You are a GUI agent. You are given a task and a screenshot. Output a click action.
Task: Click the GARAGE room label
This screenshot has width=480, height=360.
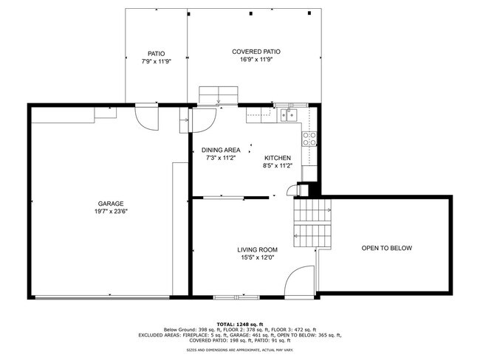click(111, 203)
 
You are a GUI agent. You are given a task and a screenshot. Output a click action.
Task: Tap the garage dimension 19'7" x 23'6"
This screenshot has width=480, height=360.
click(111, 211)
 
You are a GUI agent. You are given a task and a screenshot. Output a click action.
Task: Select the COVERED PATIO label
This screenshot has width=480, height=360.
click(256, 52)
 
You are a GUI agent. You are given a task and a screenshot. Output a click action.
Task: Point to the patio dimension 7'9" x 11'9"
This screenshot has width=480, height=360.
click(156, 61)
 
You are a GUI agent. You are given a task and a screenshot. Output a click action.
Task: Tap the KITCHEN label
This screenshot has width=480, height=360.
click(277, 158)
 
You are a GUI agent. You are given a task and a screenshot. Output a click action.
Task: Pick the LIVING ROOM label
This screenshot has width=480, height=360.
click(257, 250)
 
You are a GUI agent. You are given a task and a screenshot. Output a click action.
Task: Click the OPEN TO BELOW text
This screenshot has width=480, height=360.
click(386, 248)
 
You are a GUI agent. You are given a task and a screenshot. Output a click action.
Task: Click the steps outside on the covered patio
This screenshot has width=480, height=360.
click(219, 94)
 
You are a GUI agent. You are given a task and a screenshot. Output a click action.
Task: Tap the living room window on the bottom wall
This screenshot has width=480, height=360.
click(236, 297)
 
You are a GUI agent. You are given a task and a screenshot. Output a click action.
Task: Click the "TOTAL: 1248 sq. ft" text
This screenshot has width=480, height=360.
click(240, 324)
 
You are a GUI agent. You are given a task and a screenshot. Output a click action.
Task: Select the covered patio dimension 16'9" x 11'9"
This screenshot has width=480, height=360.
click(256, 60)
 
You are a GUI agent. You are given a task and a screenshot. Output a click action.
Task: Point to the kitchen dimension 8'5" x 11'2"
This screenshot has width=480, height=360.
click(277, 166)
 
